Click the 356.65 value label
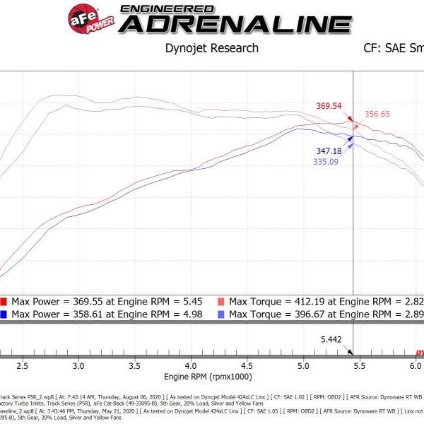[x=379, y=114]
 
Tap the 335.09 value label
[x=326, y=162]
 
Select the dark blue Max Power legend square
[x=4, y=314]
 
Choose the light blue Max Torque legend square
[x=221, y=314]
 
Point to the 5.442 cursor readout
[x=331, y=340]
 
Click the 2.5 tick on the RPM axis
[x=22, y=366]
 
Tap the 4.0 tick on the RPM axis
[x=191, y=366]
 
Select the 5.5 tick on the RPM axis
[x=359, y=366]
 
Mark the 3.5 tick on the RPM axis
[x=134, y=366]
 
